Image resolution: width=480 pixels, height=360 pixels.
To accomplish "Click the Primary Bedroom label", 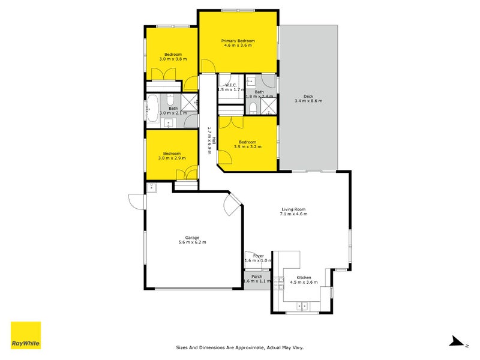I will tap(239, 41).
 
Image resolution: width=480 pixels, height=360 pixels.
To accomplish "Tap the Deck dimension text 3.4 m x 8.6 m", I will tap(308, 101).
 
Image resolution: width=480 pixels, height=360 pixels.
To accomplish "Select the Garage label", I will tap(192, 237).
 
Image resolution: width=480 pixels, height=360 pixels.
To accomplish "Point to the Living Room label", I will tap(294, 209).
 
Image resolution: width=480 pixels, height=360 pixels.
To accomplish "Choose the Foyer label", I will tap(258, 256).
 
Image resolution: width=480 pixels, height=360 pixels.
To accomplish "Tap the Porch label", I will tap(257, 277).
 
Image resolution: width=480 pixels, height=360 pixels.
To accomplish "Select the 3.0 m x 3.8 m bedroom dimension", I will tap(173, 59).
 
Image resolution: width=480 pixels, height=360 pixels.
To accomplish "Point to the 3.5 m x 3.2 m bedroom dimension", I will tap(247, 146).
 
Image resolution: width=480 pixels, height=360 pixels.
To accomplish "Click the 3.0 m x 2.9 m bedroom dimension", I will tap(172, 158).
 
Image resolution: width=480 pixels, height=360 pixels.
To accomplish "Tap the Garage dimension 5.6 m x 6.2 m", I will tap(192, 242).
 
